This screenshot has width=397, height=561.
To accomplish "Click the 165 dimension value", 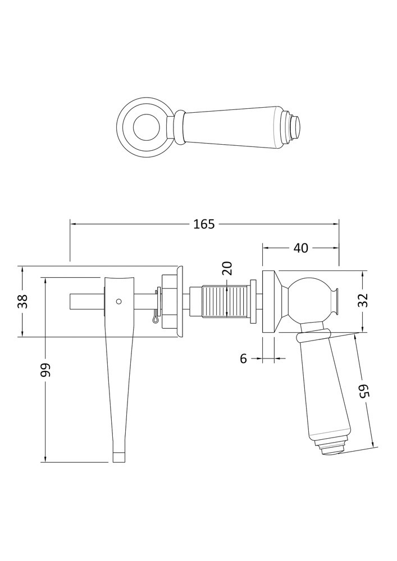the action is pos(204,224).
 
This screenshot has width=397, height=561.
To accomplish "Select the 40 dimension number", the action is pos(301,247).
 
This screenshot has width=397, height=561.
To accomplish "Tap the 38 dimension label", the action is pos(22,301).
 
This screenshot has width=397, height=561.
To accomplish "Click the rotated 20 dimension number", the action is pos(227,268).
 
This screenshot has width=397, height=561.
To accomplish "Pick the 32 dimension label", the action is pos(363,300).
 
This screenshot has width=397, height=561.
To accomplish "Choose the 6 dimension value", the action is pos(244,358).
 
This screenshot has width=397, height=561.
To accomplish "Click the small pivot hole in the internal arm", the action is pos(119,301).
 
